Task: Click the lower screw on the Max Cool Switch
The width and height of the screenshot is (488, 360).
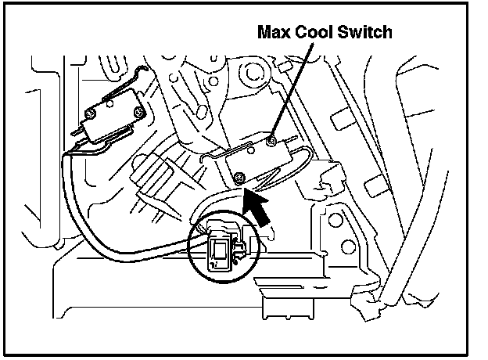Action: point(241,177)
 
